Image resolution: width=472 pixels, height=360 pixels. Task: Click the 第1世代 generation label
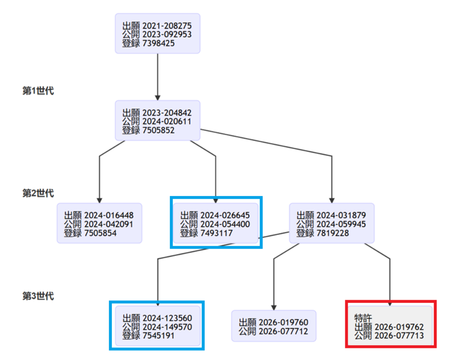[38, 91]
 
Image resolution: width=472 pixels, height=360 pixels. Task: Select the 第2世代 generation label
[38, 193]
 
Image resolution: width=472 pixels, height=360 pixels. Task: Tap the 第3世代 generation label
[38, 296]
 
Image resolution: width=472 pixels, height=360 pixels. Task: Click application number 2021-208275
[167, 26]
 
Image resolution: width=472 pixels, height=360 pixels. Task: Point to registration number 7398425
[158, 43]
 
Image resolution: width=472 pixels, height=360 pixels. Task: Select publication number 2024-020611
[167, 122]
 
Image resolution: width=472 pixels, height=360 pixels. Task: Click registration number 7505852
[158, 131]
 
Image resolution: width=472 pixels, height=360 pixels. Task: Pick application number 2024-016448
[109, 216]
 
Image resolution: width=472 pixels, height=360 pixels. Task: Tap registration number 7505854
[100, 233]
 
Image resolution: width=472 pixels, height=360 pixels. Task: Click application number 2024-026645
[225, 216]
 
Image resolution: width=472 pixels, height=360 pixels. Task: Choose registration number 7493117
[216, 233]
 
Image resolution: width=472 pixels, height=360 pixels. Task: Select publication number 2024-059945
[341, 224]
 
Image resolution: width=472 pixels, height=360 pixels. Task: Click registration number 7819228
[333, 233]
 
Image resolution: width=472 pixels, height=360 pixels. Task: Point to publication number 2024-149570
[167, 327]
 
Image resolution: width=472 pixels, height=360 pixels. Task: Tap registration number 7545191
[158, 336]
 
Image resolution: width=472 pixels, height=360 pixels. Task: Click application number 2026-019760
[283, 323]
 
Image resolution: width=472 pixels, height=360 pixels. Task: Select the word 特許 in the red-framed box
[363, 318]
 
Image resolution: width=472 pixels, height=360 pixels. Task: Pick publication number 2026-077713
[399, 336]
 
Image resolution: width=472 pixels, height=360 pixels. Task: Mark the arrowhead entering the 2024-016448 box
[99, 201]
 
